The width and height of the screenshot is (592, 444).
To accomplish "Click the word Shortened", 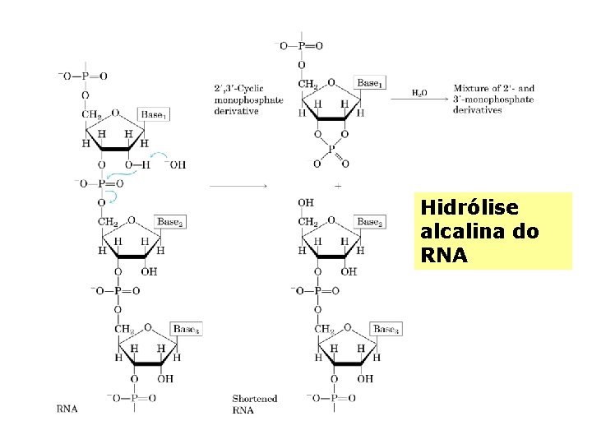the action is click(254, 398).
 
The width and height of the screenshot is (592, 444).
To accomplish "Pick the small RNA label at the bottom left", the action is click(67, 408).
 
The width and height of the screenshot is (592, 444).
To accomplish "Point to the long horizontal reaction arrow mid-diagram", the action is click(238, 187).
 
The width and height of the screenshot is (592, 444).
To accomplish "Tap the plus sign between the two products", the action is click(338, 187).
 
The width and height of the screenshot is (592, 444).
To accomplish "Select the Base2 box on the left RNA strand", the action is click(170, 222).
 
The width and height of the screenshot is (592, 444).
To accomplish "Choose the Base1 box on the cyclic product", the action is click(369, 83).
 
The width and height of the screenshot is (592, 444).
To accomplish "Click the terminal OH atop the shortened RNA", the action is click(306, 201).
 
